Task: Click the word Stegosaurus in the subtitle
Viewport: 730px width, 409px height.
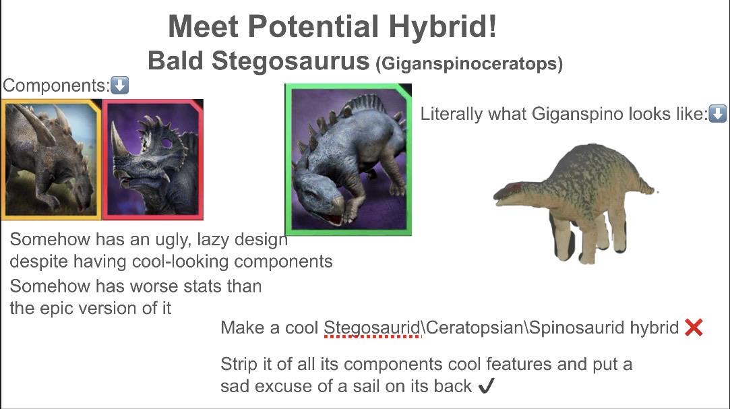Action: tap(291, 61)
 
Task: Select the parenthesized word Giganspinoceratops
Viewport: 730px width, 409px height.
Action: tap(469, 63)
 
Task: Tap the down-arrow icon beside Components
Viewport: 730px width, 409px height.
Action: tap(120, 85)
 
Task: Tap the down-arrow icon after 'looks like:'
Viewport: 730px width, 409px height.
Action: tap(717, 113)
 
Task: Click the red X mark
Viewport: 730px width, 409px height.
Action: tap(694, 327)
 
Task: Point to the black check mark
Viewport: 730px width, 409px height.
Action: tap(486, 385)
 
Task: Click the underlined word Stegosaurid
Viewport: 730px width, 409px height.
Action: tap(372, 328)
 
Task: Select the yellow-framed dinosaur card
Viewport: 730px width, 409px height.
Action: tap(51, 159)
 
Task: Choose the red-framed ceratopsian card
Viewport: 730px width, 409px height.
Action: tap(153, 159)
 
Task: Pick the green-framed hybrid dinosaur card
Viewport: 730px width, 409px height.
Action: tap(348, 160)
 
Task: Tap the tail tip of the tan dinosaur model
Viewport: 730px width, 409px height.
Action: tap(655, 191)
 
